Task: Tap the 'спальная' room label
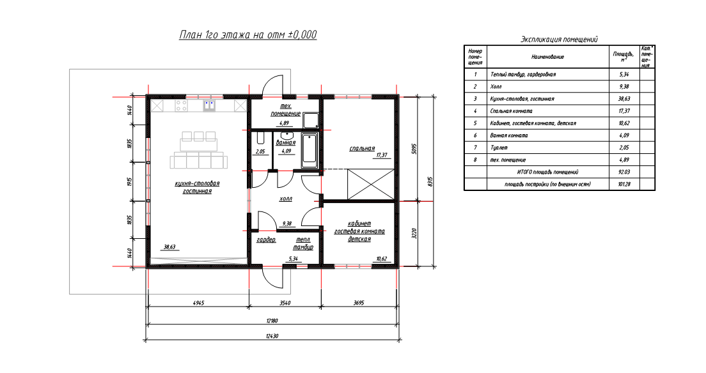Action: pyautogui.click(x=362, y=148)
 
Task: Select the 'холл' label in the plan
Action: pyautogui.click(x=286, y=199)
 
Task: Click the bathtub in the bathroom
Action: pyautogui.click(x=310, y=150)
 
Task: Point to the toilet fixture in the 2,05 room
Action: pyautogui.click(x=260, y=138)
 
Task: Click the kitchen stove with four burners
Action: pyautogui.click(x=182, y=106)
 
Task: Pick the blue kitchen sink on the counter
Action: pyautogui.click(x=209, y=106)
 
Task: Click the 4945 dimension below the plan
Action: pyautogui.click(x=198, y=303)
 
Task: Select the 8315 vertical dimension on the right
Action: pyautogui.click(x=430, y=181)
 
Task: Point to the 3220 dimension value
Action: pyautogui.click(x=414, y=234)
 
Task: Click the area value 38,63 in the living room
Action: pyautogui.click(x=169, y=247)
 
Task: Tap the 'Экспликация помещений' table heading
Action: pyautogui.click(x=559, y=40)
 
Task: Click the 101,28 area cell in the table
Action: pyautogui.click(x=625, y=184)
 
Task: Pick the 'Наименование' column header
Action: pyautogui.click(x=547, y=57)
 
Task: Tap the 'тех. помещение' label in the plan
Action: pyautogui.click(x=286, y=110)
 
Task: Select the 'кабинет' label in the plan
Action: pyautogui.click(x=359, y=224)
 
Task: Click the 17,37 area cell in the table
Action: pyautogui.click(x=625, y=110)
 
